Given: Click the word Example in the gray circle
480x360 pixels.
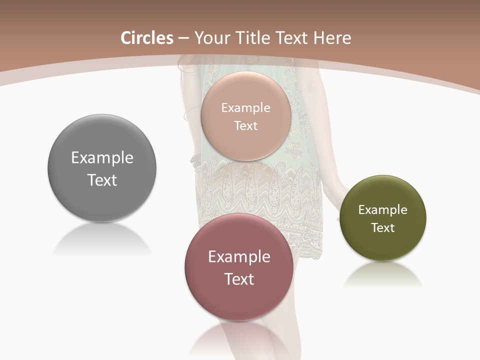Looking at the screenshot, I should click(x=102, y=158).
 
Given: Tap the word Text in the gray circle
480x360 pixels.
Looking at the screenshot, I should click(x=102, y=180).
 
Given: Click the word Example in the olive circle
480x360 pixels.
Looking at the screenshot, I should click(x=382, y=210).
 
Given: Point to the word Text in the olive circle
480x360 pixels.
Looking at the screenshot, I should click(x=382, y=228).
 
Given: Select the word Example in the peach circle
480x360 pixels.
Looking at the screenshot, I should click(x=246, y=108).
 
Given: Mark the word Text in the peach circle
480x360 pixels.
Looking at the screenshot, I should click(x=246, y=126).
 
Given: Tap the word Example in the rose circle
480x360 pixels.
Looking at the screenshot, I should click(x=239, y=257).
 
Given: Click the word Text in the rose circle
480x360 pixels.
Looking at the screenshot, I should click(x=239, y=279).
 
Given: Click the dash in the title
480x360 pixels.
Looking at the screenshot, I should click(x=183, y=38).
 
